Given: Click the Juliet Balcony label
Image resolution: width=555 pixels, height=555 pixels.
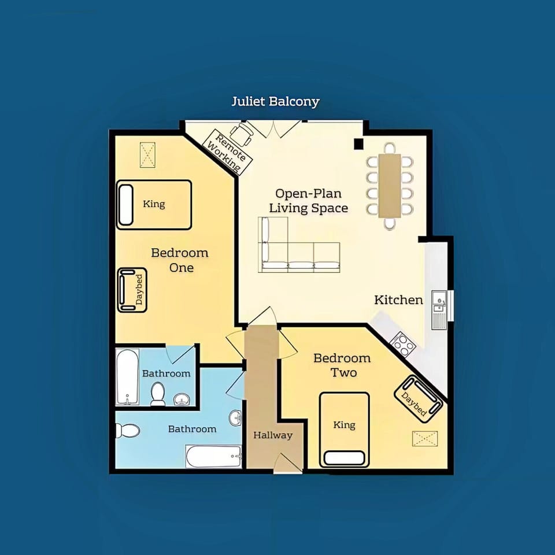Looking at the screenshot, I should click(x=275, y=102).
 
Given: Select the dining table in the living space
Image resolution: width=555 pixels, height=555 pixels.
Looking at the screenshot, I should click(x=390, y=186).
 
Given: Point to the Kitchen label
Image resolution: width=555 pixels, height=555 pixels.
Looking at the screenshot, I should click(x=398, y=299).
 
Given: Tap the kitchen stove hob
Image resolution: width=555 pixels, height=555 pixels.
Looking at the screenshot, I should click(x=403, y=344).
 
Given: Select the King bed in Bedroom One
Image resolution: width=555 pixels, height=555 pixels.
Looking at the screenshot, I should click(x=154, y=204).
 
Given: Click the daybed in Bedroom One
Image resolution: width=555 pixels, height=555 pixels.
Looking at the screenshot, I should click(x=132, y=290).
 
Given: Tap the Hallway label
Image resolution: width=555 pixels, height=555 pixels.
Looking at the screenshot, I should click(x=273, y=435).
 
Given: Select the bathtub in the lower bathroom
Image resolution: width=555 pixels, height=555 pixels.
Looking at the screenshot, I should click(x=213, y=457).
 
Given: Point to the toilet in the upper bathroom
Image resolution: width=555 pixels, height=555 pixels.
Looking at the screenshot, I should click(x=158, y=394).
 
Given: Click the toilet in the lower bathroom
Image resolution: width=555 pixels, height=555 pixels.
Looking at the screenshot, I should click(x=127, y=431).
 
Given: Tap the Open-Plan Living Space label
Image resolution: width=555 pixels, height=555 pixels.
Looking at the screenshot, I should click(x=311, y=201).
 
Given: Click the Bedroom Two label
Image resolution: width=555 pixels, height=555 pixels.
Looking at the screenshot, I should click(x=342, y=365).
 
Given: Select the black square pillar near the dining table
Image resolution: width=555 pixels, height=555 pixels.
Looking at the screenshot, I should click(x=359, y=143).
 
